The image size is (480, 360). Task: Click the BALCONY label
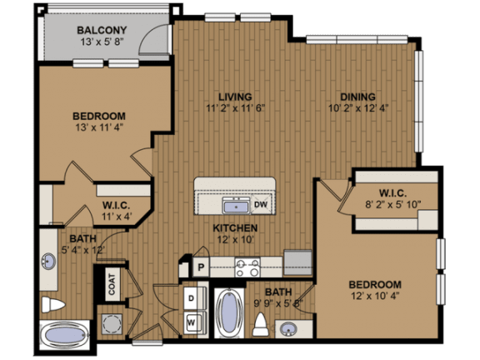[102, 30]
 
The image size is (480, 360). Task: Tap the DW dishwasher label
[261, 204]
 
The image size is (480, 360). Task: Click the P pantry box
[201, 267]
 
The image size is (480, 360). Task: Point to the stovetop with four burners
[247, 267]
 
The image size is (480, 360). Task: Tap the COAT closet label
[112, 285]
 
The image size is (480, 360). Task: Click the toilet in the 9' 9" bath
[260, 324]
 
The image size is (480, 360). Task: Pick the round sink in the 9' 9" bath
[288, 330]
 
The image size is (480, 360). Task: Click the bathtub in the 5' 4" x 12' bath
[65, 335]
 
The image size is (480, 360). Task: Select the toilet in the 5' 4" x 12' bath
[53, 305]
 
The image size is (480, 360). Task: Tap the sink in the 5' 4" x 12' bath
[48, 262]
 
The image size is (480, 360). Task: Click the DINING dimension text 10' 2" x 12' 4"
[358, 108]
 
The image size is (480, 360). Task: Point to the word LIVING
[235, 97]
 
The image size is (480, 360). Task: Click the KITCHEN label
[235, 228]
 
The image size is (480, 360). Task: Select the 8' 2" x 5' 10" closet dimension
[393, 204]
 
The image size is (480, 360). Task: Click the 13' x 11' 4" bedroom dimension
[99, 127]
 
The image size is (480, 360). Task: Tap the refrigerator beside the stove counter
[297, 262]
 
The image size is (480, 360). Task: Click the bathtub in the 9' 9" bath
[229, 312]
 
